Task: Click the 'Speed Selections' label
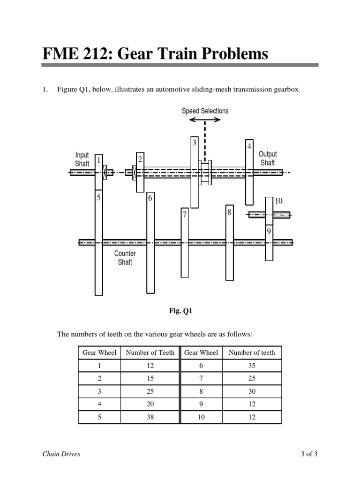tap(205, 111)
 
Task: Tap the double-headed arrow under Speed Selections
tap(205, 120)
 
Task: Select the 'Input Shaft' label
tap(82, 159)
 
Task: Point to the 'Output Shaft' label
tap(268, 158)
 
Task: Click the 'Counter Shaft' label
tap(125, 258)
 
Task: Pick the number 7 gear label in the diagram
tap(185, 215)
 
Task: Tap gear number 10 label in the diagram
tap(279, 201)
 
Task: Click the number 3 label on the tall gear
tap(194, 143)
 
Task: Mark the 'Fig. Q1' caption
tap(181, 310)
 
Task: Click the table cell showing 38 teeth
tap(150, 417)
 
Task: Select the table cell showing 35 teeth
tap(252, 366)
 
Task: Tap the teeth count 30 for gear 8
tap(252, 391)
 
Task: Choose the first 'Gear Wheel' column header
tap(99, 352)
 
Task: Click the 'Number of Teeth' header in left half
tap(150, 352)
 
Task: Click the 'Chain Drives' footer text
tap(61, 454)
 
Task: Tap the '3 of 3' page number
tap(309, 454)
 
